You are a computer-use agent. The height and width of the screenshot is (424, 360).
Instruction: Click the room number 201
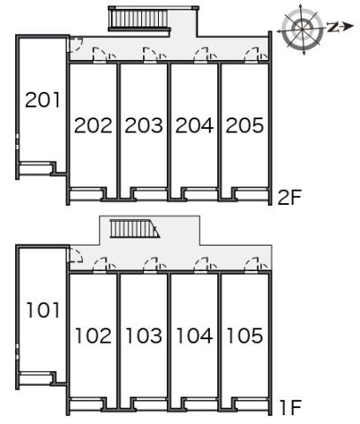pos(42,100)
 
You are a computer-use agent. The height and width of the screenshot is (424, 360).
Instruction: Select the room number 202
pos(94,125)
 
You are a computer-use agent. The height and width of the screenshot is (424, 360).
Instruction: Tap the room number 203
pos(144,125)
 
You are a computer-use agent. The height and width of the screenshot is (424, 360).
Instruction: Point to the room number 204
pos(194,125)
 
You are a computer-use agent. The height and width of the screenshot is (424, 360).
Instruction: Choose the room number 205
pos(244,125)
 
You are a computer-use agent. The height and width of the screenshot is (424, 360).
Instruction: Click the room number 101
pos(43,310)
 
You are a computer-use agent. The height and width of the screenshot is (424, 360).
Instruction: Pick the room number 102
pos(94,336)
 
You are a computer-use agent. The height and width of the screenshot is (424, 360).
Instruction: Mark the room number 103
pos(144,336)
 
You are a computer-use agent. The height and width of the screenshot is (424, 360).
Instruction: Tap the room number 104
pos(195,336)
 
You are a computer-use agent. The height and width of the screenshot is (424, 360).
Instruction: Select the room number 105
pos(245,336)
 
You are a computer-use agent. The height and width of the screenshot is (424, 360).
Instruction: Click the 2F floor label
pos(289,197)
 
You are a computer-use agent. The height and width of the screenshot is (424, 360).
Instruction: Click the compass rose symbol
pos(302,29)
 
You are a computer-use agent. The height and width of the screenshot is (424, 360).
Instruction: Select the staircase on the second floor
pos(139,19)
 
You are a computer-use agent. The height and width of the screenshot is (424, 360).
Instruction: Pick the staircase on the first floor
pos(135,229)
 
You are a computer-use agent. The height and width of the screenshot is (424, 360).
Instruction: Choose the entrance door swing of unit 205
pos(252,55)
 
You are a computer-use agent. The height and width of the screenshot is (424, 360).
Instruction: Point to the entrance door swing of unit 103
pos(151,265)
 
